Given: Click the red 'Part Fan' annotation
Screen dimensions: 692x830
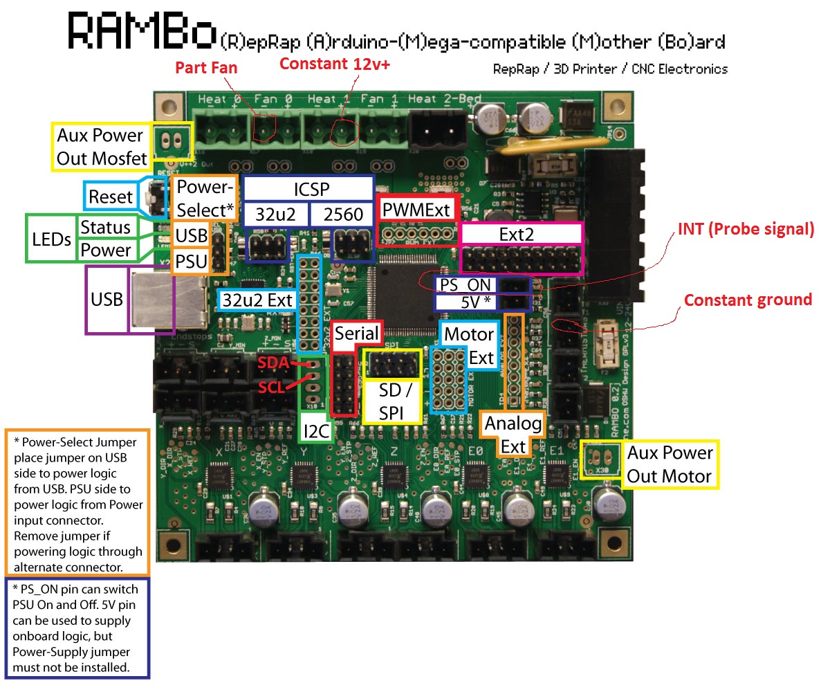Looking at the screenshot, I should click(205, 68).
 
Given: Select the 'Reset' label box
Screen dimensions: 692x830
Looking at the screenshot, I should click(111, 197).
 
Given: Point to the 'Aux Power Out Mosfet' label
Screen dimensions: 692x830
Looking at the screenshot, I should click(101, 147).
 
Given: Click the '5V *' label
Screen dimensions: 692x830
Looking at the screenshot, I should click(465, 302).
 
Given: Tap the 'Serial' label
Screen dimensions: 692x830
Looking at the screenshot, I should click(356, 334).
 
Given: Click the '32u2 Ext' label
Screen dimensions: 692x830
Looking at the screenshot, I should click(257, 300).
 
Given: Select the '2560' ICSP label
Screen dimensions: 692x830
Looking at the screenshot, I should click(343, 215).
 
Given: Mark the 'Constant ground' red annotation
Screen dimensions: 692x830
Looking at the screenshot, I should click(748, 300).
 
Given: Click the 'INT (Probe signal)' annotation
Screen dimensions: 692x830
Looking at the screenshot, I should click(746, 229).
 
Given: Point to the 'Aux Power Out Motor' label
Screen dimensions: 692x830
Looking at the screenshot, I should click(669, 464).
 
